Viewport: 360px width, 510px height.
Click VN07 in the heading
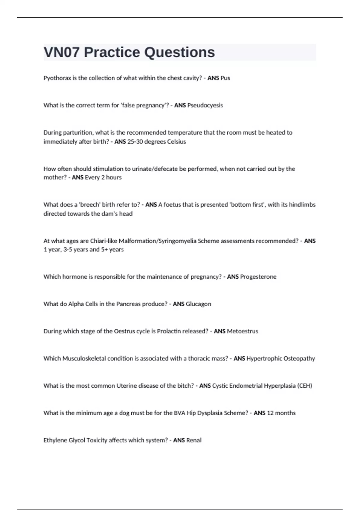click(x=62, y=52)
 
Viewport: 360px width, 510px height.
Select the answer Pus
click(x=225, y=78)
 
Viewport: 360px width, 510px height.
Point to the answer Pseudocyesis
click(x=205, y=105)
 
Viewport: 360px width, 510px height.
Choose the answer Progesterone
click(x=258, y=277)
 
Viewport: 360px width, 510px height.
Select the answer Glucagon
click(x=198, y=304)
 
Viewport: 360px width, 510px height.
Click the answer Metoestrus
click(x=242, y=331)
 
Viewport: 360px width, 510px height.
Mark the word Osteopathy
click(x=299, y=358)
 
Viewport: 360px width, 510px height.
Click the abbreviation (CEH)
click(x=304, y=386)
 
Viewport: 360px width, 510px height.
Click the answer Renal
click(x=194, y=440)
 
